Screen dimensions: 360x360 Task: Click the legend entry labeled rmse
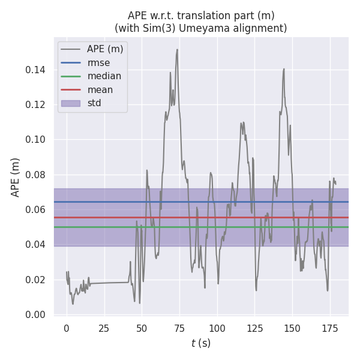click(x=98, y=62)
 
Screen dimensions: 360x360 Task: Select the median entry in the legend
click(x=104, y=76)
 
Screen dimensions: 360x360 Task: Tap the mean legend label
click(x=100, y=89)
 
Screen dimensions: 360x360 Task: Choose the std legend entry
click(x=94, y=103)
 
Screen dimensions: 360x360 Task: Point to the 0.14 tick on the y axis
click(x=35, y=70)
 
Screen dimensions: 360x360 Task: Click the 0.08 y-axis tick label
click(x=35, y=175)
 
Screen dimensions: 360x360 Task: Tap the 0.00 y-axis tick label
click(x=35, y=315)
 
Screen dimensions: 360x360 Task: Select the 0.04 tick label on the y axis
click(x=35, y=245)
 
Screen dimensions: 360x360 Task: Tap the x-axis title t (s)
click(x=201, y=343)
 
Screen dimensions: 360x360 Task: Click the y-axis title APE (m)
click(x=16, y=177)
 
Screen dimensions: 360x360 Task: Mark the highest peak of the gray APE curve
click(x=177, y=49)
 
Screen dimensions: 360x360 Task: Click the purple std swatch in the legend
click(x=70, y=103)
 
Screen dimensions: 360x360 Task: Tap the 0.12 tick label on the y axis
click(x=35, y=105)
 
